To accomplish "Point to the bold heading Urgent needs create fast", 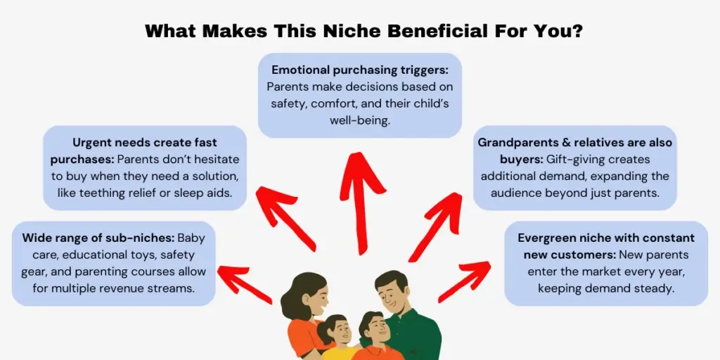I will pos(145,143).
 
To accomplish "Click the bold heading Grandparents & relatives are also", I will pos(574,143).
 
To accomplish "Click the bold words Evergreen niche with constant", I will pos(605,238).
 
